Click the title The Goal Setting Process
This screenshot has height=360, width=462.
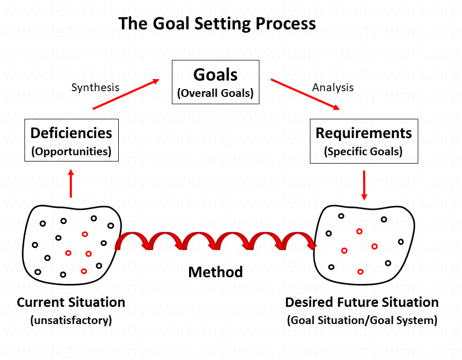click(x=217, y=23)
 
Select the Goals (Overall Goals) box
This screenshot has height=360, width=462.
click(x=215, y=82)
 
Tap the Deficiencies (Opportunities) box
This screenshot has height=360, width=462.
click(x=71, y=140)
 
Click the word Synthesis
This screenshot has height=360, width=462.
click(x=95, y=87)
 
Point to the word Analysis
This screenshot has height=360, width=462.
click(x=333, y=87)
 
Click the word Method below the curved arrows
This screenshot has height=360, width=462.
click(x=215, y=271)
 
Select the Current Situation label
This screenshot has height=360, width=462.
click(x=71, y=302)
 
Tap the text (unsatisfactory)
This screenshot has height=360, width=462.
click(x=71, y=320)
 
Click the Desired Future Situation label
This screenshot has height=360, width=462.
click(x=362, y=302)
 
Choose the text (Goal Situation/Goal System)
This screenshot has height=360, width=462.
click(x=362, y=320)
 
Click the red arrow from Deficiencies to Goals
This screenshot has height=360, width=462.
click(x=127, y=94)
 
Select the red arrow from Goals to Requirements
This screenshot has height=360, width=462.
click(x=306, y=94)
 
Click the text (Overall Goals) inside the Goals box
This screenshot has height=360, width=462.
click(x=215, y=94)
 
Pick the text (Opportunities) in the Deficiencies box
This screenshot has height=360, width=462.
click(x=71, y=152)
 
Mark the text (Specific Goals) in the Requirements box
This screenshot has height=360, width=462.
click(x=364, y=152)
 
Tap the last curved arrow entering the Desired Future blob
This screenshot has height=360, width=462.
click(x=301, y=240)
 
